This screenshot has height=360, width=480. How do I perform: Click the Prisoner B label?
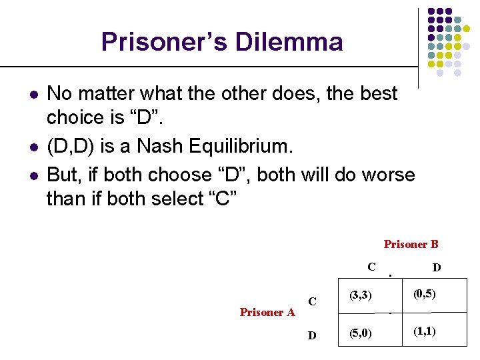(411, 245)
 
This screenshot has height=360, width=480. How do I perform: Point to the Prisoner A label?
(267, 312)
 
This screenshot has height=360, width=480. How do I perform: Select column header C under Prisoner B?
(371, 267)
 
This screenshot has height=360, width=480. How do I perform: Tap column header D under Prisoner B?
(436, 267)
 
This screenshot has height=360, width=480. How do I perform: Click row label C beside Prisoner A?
(312, 301)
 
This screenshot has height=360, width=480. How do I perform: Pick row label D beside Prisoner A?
(312, 335)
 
